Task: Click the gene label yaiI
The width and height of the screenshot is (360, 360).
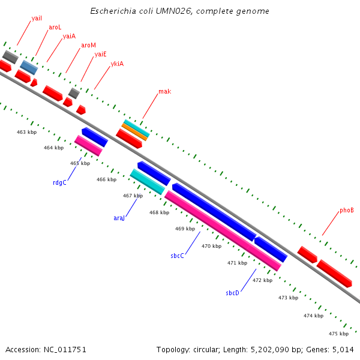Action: (x=37, y=19)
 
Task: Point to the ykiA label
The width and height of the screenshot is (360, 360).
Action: (x=117, y=64)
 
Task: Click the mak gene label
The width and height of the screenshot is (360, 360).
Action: (x=164, y=92)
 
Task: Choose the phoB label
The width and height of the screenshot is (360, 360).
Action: (x=347, y=211)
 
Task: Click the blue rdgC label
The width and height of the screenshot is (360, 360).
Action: (x=59, y=182)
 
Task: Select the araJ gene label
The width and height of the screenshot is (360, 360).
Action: (x=119, y=218)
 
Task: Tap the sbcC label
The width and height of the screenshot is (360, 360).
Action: (x=177, y=256)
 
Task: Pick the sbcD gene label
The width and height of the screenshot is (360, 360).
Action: (x=232, y=293)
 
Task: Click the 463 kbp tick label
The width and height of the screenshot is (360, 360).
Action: (x=26, y=132)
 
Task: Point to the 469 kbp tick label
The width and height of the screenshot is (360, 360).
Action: (x=185, y=229)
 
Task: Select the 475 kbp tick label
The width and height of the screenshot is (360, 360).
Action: (x=338, y=334)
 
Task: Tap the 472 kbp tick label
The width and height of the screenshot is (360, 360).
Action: (x=262, y=280)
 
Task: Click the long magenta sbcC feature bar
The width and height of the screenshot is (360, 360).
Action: (x=223, y=230)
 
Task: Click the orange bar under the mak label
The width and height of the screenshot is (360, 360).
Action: (x=136, y=132)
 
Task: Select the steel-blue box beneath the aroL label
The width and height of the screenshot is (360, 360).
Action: (x=29, y=67)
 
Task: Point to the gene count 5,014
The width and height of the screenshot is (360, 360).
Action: (x=342, y=349)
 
